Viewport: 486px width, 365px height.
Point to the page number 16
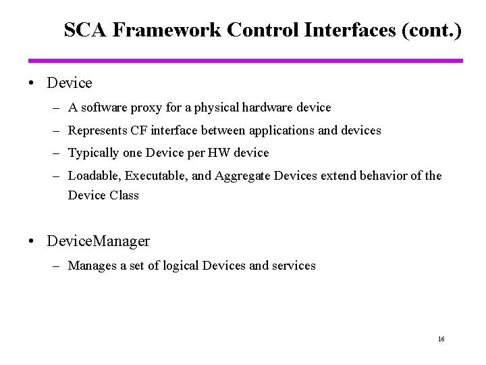[441, 339]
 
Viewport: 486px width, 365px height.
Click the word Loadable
[93, 176]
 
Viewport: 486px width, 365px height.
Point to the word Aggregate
[240, 176]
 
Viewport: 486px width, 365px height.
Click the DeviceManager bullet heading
[99, 241]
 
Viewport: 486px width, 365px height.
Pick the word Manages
[92, 266]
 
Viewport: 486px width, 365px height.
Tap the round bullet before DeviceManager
[33, 241]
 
